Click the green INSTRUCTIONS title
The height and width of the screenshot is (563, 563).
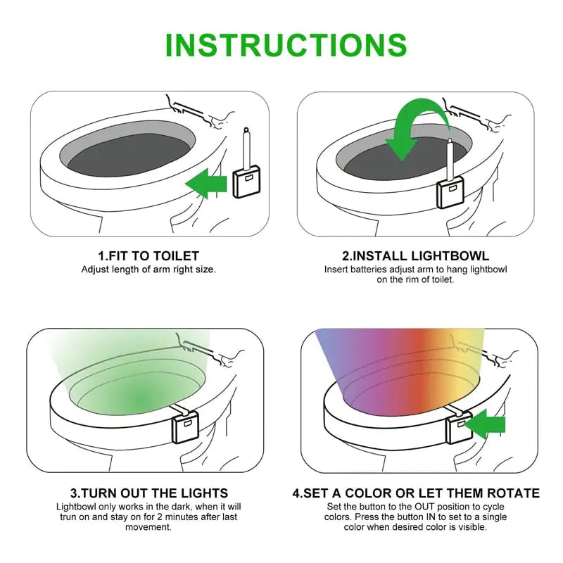(285, 44)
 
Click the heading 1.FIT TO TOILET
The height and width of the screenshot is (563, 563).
(148, 256)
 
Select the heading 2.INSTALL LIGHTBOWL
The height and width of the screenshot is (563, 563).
(415, 256)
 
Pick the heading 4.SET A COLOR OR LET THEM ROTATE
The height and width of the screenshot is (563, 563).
(416, 493)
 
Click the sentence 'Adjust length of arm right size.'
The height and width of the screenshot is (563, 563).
(148, 270)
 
